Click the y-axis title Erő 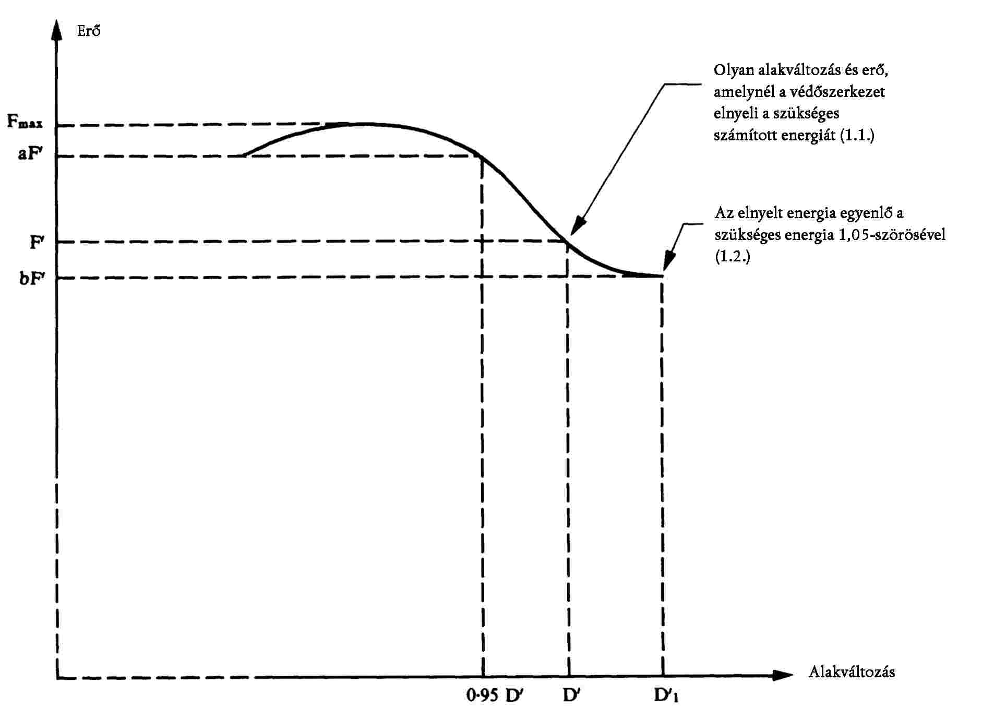click(x=88, y=31)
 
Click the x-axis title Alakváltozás click(x=851, y=672)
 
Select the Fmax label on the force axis click(x=25, y=123)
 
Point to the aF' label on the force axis click(x=30, y=154)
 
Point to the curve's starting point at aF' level click(x=244, y=155)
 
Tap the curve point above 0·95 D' click(x=482, y=156)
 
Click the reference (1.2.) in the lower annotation click(x=732, y=257)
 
